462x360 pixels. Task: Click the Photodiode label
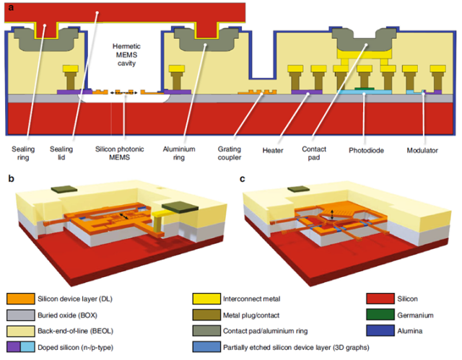365,151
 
